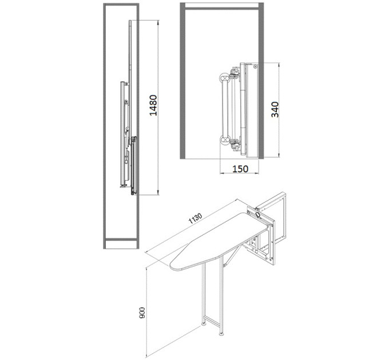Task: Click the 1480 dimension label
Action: click(153, 105)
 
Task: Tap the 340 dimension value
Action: click(275, 109)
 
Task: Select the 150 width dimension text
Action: click(240, 169)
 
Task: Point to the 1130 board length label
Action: click(196, 218)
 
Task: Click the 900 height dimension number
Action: click(142, 313)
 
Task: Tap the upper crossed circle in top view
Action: click(224, 78)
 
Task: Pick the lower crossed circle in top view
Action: click(225, 140)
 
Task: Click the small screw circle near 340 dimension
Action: click(255, 66)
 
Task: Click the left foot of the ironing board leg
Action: click(204, 323)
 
